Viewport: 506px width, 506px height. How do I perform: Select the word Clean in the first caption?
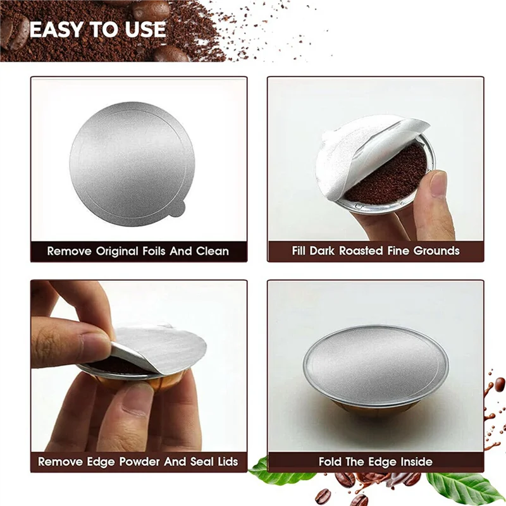(x=211, y=251)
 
